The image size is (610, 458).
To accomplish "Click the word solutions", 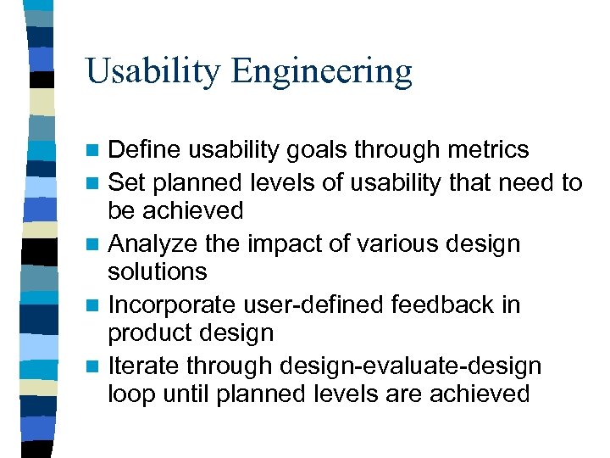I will pos(158,271).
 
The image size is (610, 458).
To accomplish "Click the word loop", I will pos(130,394).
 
